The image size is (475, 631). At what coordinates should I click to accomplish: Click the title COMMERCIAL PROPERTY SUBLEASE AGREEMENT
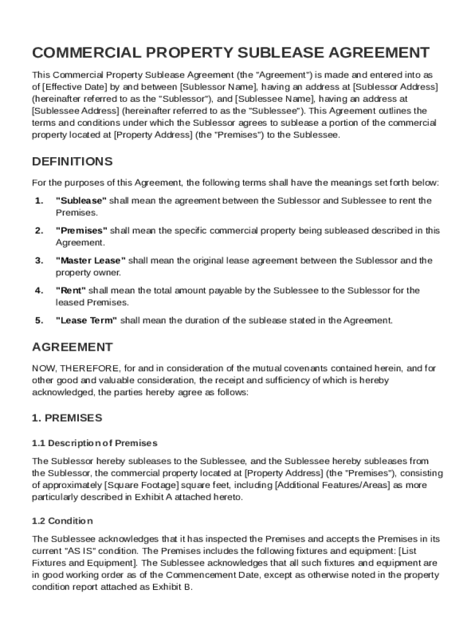point(231,52)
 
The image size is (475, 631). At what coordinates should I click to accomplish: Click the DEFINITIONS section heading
point(72,162)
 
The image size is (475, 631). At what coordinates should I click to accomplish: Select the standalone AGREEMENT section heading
point(72,348)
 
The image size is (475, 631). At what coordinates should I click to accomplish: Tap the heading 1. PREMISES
point(67,418)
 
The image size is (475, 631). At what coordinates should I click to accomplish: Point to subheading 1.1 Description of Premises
point(94,443)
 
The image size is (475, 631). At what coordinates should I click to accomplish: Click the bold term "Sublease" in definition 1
point(81,201)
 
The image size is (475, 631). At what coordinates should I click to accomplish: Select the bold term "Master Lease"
point(91,261)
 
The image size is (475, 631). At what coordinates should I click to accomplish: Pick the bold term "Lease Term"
point(86,320)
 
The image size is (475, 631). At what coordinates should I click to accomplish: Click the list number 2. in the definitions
point(39,230)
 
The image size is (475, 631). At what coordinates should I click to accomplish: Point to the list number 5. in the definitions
point(39,320)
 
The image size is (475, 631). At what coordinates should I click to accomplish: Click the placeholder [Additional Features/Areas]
point(332,485)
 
